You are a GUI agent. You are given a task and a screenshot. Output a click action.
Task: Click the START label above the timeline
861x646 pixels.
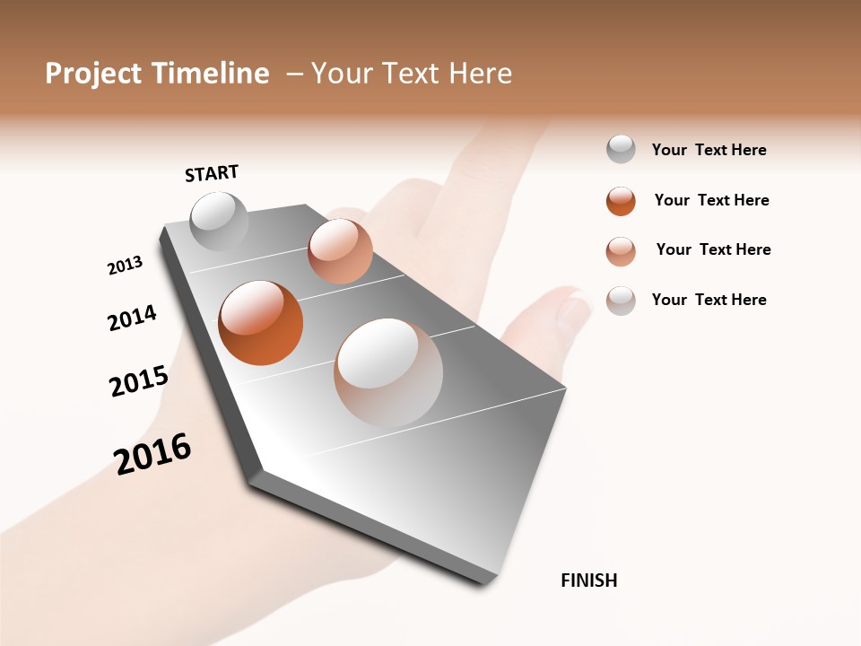point(212,173)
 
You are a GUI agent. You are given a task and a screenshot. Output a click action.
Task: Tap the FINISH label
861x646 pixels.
point(588,581)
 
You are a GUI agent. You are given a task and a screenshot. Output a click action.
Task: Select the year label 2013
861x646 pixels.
point(126,266)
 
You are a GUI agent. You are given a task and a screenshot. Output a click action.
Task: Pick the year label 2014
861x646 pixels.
point(132,318)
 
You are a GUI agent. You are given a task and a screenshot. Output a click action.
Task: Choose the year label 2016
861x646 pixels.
point(152,453)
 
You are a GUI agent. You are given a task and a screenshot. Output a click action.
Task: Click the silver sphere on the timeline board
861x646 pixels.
point(219,221)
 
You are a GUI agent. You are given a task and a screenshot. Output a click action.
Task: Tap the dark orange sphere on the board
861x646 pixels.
point(260,323)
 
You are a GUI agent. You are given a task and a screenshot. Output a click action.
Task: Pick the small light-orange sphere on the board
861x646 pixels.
point(340,250)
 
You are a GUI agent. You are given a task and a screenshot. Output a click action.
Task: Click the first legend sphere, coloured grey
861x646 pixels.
point(621,150)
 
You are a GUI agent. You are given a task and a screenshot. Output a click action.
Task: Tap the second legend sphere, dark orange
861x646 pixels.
point(621,201)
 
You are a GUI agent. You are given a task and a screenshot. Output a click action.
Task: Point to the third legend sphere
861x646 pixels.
point(621,250)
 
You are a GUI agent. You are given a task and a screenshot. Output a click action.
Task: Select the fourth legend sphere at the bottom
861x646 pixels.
point(621,300)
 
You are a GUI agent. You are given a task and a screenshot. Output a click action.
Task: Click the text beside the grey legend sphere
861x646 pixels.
point(709,150)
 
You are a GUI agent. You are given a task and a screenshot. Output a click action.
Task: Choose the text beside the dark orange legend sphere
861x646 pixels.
point(711,200)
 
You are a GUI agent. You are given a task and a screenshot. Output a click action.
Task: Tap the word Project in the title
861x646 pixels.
point(94,74)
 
